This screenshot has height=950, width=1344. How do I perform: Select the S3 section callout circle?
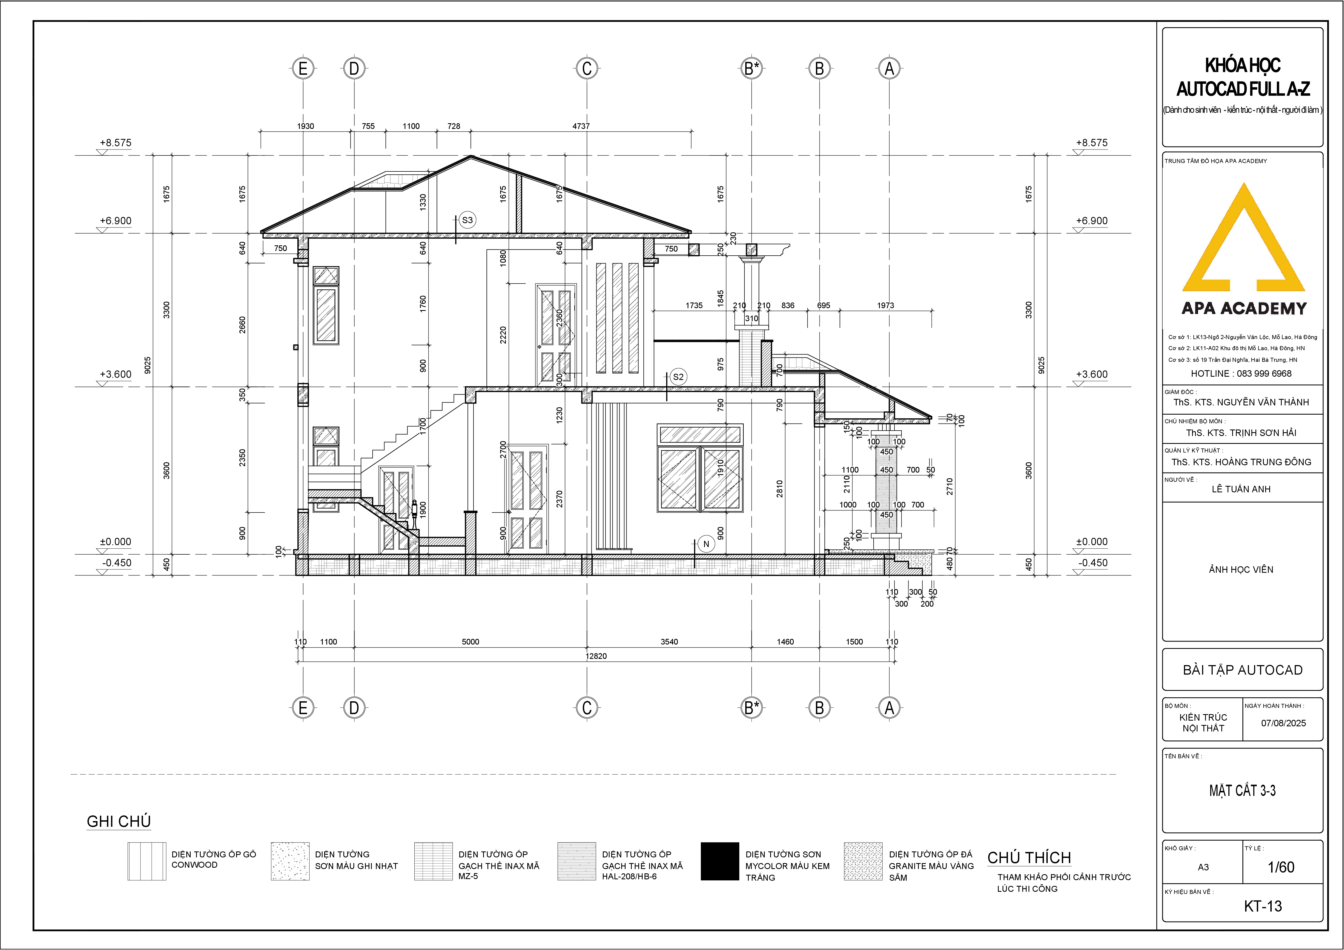[467, 220]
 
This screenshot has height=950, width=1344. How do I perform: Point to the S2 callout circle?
[678, 377]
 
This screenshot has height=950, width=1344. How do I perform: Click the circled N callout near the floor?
[706, 544]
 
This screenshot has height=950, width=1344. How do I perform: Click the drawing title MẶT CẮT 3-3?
[1242, 791]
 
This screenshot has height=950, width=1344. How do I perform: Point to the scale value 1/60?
[1281, 867]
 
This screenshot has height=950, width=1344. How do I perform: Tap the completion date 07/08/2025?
[1283, 723]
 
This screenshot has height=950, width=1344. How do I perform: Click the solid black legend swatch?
[720, 861]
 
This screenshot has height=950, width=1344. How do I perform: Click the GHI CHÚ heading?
[119, 821]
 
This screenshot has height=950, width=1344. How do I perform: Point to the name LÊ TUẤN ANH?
[1241, 489]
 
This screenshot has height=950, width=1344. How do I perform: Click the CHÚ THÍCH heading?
[1029, 857]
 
